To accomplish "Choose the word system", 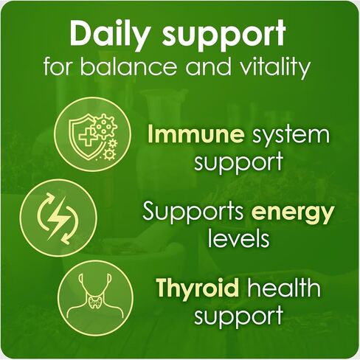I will pos(289,136).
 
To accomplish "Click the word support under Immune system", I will pos(239,162).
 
